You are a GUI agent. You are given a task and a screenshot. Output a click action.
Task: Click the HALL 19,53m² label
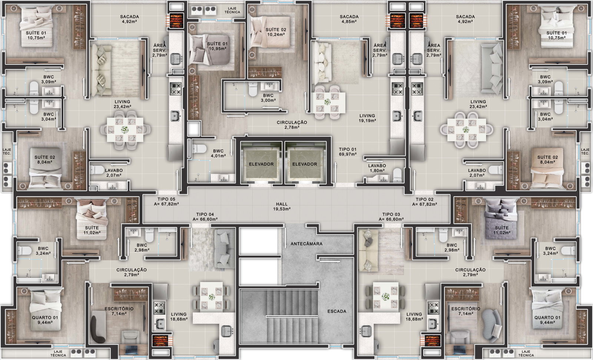282,207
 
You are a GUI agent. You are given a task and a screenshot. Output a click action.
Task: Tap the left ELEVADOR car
261,164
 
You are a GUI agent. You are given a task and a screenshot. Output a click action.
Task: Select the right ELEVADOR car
304,164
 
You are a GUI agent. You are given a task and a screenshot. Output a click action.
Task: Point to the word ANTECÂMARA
307,244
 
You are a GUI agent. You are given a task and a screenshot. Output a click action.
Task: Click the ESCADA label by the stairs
337,311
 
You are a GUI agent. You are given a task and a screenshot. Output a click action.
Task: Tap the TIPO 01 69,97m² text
348,152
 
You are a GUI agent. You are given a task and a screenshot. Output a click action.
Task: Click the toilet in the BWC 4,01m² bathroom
199,149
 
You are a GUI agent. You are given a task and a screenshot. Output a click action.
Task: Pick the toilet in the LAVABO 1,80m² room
397,174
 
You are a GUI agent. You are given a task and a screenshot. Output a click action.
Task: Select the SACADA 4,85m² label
349,19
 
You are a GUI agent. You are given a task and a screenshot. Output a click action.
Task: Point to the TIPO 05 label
166,199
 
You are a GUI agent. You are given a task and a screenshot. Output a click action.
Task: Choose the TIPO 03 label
391,214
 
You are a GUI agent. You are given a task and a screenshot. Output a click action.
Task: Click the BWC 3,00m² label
268,98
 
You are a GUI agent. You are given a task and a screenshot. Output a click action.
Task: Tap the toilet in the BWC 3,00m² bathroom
253,89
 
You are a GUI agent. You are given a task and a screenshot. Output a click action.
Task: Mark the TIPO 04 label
205,214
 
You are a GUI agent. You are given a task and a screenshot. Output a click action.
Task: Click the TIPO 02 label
424,199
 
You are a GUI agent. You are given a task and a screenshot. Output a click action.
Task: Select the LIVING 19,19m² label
367,118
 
